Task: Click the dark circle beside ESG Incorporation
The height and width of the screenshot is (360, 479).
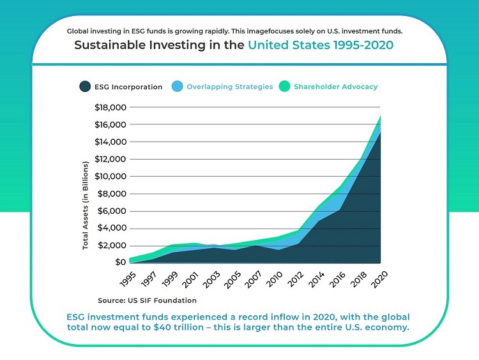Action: [x=84, y=86]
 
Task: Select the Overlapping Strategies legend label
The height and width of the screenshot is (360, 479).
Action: [x=230, y=87]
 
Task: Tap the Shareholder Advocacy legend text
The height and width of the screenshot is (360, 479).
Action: [x=335, y=87]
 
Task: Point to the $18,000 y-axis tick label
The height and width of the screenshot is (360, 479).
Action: [x=110, y=107]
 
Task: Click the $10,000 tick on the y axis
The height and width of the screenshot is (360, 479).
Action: [x=110, y=176]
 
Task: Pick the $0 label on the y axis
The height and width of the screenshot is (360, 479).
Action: [x=120, y=262]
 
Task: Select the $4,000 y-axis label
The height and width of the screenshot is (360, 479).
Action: [x=112, y=228]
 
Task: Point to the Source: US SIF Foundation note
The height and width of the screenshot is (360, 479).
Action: [x=147, y=300]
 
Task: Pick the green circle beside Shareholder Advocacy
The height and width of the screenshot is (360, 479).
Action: [x=285, y=86]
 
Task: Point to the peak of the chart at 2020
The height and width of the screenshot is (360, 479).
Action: [x=381, y=116]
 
